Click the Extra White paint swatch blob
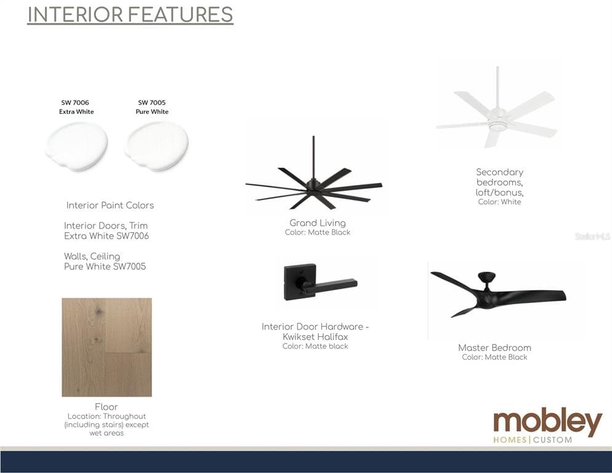pos(76,146)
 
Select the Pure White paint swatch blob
pos(157,146)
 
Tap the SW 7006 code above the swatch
pos(75,103)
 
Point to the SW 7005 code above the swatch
pos(152,103)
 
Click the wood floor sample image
pos(107,347)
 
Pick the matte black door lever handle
pos(320,282)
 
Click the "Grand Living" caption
pos(318,223)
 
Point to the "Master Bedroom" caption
pos(494,347)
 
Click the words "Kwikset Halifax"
pos(315,337)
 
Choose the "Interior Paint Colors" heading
pos(110,206)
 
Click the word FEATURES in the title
pos(180,15)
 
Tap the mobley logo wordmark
pos(547,422)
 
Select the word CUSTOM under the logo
pos(553,440)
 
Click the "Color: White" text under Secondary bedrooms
pos(499,202)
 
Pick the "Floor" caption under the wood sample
pos(106,406)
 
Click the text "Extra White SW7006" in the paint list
pos(106,236)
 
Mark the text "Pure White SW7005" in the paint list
pos(105,267)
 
